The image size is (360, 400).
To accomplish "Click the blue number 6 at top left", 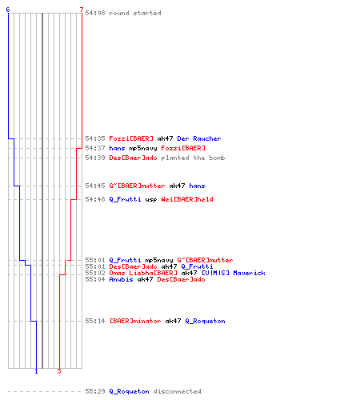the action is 8,10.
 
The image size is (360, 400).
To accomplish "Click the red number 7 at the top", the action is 82,10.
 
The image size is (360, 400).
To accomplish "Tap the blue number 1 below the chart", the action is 36,371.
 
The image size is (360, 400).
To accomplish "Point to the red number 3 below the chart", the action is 59,371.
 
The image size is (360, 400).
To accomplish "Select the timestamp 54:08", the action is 95,13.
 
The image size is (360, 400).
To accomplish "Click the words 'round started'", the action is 135,13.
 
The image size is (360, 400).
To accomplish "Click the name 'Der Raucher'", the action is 199,138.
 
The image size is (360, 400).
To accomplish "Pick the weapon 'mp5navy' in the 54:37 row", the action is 143,148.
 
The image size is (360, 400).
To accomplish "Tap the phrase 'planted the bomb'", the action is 193,158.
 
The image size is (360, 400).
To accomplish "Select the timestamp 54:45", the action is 95,186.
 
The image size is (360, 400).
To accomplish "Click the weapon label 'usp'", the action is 151,199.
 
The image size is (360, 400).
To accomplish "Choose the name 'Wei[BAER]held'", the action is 187,199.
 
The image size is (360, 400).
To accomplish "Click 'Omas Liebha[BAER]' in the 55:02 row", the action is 143,273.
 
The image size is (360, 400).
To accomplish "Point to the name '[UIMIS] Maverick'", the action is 234,273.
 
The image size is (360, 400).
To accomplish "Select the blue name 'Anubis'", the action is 121,279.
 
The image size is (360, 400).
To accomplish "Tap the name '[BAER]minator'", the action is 135,321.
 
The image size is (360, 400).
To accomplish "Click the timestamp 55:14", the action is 95,321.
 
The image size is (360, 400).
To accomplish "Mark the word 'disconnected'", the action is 177,391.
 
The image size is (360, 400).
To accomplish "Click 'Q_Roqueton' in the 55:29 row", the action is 129,391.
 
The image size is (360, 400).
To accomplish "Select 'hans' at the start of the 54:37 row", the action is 117,148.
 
